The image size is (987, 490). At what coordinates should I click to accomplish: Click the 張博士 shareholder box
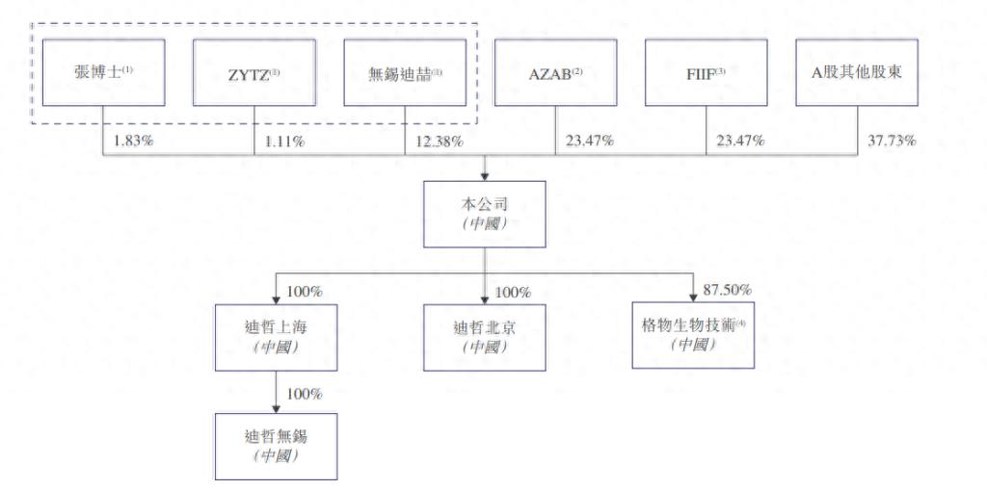point(104,72)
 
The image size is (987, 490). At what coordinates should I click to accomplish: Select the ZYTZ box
point(254,72)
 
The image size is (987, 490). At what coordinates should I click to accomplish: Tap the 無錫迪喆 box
point(405,72)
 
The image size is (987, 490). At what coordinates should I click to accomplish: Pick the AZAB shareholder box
point(555,72)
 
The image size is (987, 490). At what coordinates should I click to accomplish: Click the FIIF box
point(706,72)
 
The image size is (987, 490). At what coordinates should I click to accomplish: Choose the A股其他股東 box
point(856,72)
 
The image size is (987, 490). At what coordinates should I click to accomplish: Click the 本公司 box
point(484,214)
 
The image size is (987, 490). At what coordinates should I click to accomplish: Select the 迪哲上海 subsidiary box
point(278,337)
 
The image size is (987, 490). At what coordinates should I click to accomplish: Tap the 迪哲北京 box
point(484,337)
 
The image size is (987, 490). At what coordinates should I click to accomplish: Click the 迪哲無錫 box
point(278,446)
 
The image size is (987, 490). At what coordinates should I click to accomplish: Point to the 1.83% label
point(133,142)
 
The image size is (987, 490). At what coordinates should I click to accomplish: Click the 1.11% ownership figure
point(284,142)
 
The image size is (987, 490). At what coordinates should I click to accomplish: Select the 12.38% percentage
point(438,142)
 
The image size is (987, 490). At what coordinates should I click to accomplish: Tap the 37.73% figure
point(891,142)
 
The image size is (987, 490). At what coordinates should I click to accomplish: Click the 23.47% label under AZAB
point(588,142)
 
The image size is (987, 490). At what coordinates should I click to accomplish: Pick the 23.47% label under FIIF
point(740,142)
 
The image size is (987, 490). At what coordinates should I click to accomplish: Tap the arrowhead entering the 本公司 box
point(484,175)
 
